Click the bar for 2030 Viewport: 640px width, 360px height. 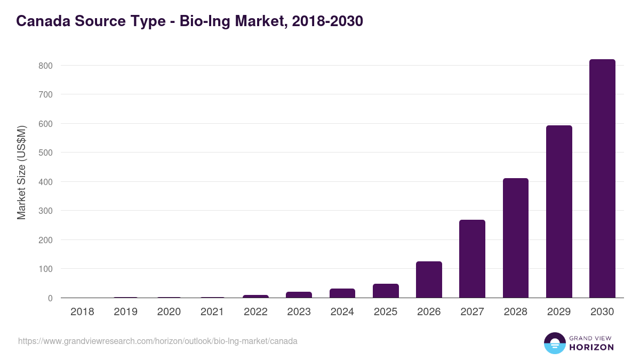coord(602,179)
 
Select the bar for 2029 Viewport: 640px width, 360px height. coord(559,212)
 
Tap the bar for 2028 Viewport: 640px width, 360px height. coord(515,238)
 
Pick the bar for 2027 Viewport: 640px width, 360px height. coord(472,259)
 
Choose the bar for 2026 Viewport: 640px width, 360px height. coord(429,279)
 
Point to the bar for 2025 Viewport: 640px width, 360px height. coord(386,291)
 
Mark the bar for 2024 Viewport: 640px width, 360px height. coord(342,293)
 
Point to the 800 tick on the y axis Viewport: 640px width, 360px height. coord(45,66)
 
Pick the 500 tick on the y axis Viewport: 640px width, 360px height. coord(45,153)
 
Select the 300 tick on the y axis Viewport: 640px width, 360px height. coord(45,211)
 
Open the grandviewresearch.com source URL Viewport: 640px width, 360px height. coord(158,341)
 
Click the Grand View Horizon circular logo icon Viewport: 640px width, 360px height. coord(554,343)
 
